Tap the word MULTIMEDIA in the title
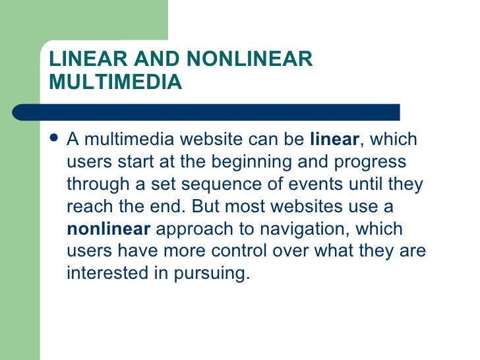[115, 82]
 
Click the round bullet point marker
[54, 140]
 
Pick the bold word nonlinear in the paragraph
[109, 229]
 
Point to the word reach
[86, 207]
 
